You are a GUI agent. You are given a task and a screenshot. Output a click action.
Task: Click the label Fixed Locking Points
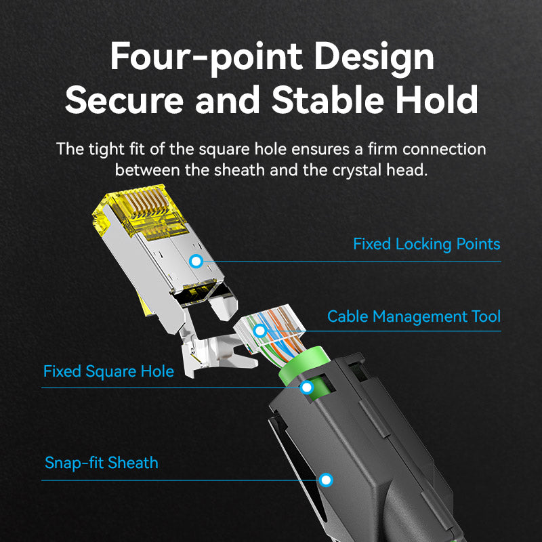click(x=427, y=244)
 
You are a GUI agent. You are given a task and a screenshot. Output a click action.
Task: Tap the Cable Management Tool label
click(x=414, y=316)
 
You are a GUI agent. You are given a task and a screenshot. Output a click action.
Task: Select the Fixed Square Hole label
click(x=108, y=371)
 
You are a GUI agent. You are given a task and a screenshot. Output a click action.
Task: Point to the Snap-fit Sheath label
click(x=101, y=463)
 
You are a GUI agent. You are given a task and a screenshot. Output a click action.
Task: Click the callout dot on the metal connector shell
click(x=196, y=262)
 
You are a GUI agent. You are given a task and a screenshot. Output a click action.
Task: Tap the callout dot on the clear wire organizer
click(x=260, y=331)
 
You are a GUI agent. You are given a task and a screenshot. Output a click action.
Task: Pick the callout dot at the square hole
click(x=307, y=388)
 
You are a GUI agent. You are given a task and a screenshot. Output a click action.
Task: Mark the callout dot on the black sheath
click(x=326, y=480)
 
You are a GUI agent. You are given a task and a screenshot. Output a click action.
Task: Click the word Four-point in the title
click(x=207, y=57)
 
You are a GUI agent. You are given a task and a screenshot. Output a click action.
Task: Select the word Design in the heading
click(x=374, y=57)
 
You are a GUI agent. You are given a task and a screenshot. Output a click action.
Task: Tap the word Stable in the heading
click(x=328, y=100)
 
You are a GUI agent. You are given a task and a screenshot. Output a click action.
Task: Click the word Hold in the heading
click(x=436, y=100)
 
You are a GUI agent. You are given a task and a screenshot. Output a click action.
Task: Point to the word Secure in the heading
click(x=124, y=100)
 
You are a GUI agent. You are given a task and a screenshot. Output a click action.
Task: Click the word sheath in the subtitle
click(x=239, y=170)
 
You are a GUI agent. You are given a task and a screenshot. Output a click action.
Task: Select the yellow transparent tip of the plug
click(x=138, y=213)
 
